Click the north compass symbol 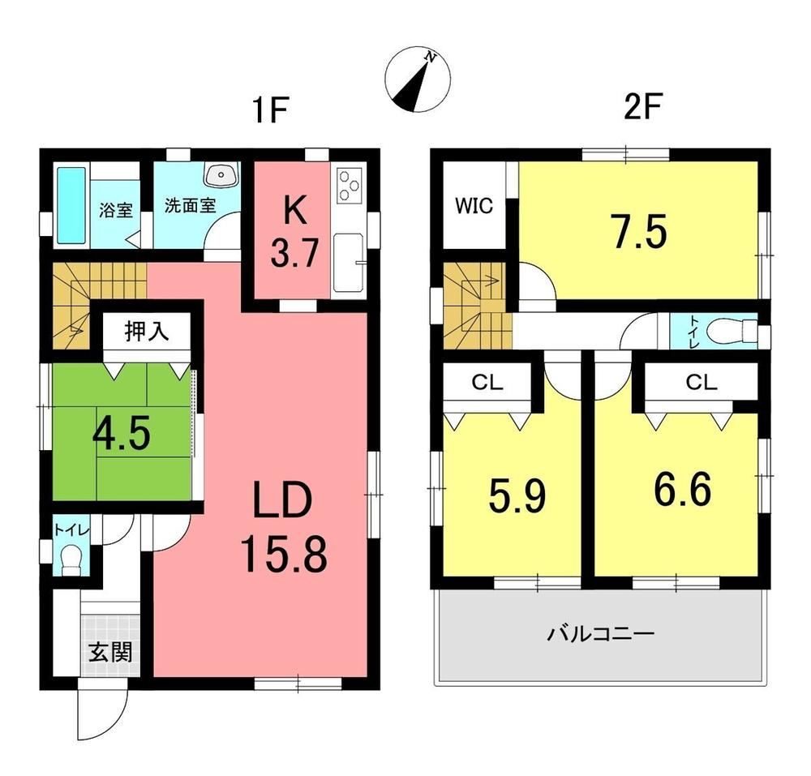click(x=418, y=79)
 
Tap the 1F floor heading click(x=269, y=109)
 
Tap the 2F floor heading click(x=643, y=106)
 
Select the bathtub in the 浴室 click(x=71, y=205)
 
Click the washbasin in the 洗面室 click(x=221, y=174)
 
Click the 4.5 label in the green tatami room click(x=122, y=433)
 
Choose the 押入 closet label click(x=146, y=332)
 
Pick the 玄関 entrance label click(x=110, y=653)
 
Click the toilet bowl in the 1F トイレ click(x=71, y=560)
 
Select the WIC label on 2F click(x=474, y=206)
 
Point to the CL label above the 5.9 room click(x=487, y=383)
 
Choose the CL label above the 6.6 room click(x=702, y=383)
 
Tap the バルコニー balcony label click(x=601, y=633)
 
